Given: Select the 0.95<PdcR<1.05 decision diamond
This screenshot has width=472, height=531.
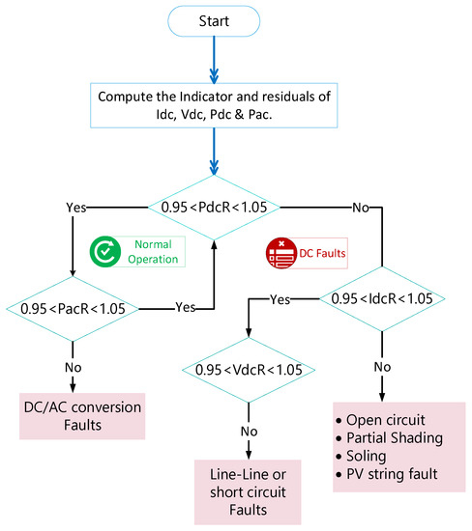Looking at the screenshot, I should [x=213, y=207].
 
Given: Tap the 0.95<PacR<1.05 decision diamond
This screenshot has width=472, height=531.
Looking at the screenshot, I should [x=74, y=310].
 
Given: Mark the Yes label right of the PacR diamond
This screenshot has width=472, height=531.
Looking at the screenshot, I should [x=184, y=307].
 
